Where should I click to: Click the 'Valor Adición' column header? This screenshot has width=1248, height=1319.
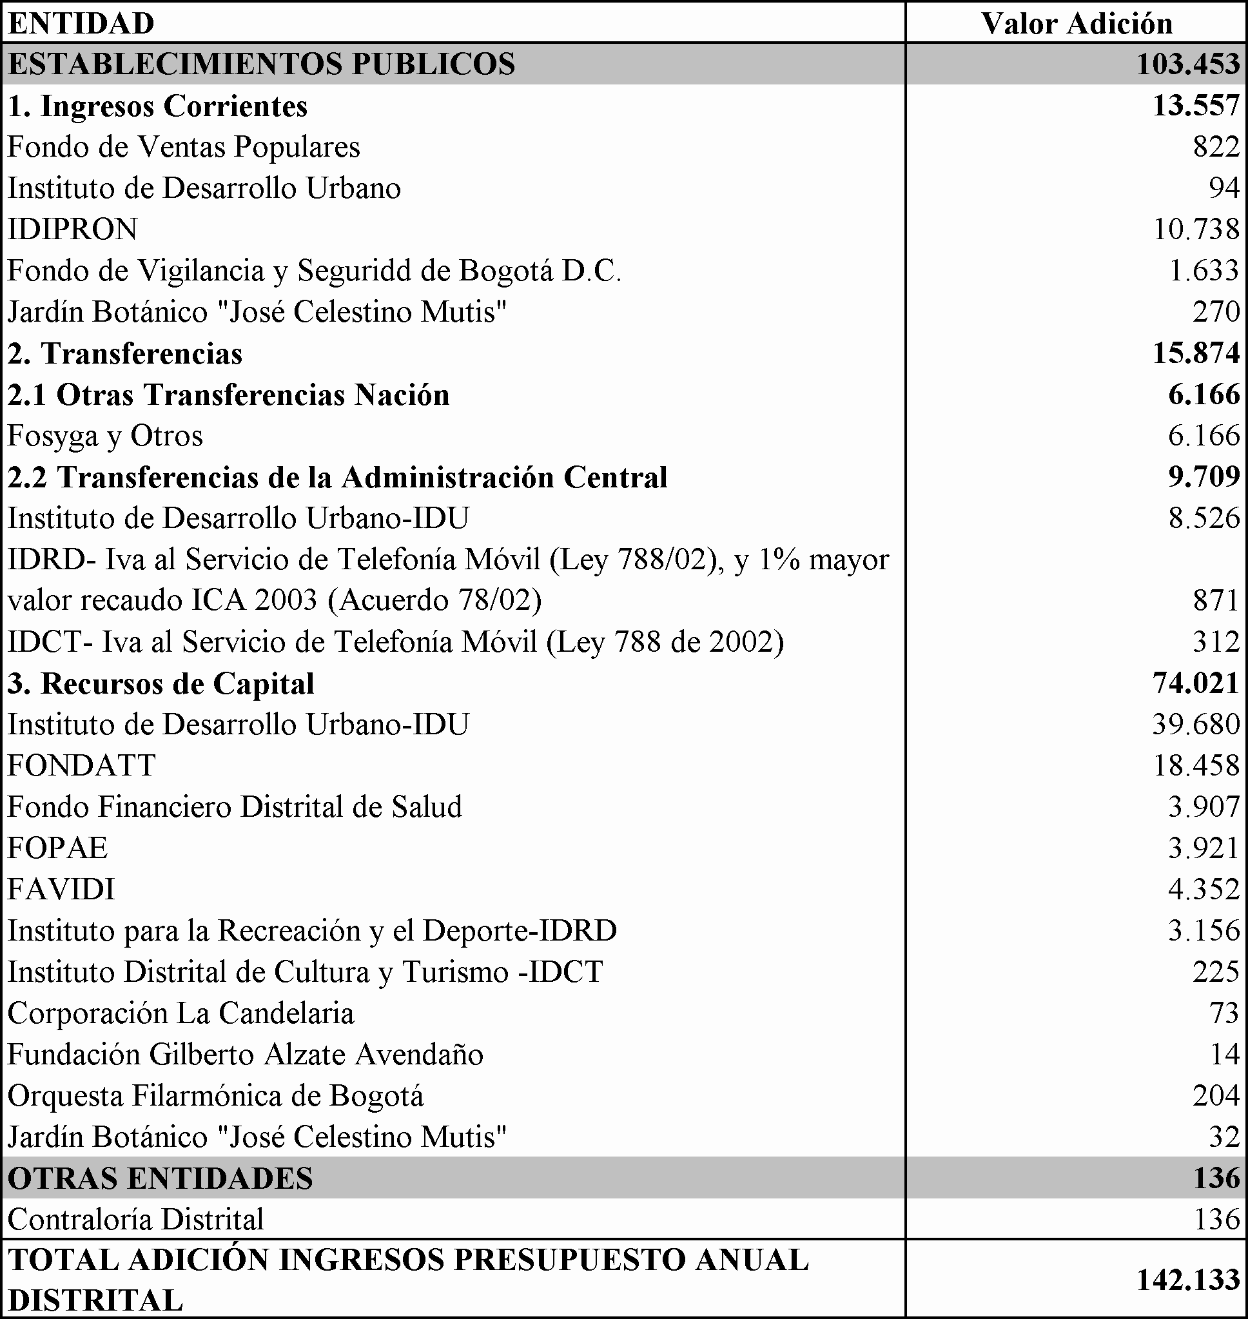(1077, 24)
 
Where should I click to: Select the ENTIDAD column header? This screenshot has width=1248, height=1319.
(81, 24)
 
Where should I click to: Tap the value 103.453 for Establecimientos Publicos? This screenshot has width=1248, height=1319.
(1188, 64)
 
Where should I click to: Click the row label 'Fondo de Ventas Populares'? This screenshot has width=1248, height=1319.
(184, 147)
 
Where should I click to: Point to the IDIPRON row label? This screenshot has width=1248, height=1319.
(72, 230)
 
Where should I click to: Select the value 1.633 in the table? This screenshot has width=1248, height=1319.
(1204, 271)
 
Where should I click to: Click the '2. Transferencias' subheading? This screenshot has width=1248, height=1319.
(125, 353)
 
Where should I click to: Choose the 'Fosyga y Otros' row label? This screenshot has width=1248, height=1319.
(105, 436)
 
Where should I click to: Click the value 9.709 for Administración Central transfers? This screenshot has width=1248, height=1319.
(1204, 478)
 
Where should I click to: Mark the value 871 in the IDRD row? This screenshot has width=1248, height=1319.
(1216, 601)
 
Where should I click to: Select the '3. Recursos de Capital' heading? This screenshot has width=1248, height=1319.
(161, 684)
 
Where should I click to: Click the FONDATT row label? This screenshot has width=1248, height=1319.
(81, 766)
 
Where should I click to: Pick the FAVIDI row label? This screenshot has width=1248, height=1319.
(61, 889)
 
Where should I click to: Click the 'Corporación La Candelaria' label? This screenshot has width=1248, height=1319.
(181, 1013)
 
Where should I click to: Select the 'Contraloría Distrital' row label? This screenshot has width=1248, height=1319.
(136, 1219)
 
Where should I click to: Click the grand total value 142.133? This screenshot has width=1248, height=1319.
(1188, 1280)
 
